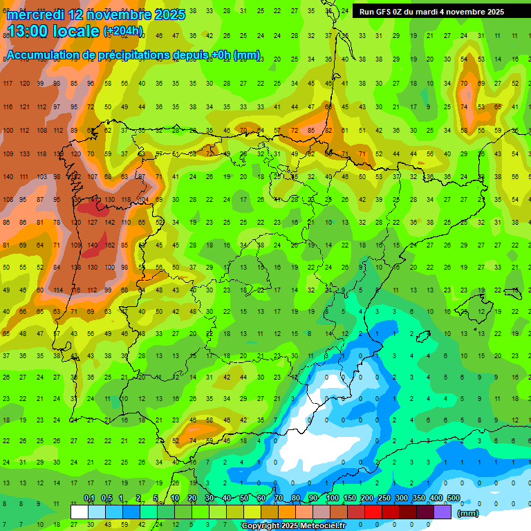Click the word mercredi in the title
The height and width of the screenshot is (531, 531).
click(37, 15)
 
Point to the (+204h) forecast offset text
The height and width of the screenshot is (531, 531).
click(123, 30)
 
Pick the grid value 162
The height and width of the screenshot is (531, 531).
click(109, 245)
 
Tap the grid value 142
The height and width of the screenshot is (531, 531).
click(109, 223)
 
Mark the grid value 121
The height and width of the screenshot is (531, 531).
click(25, 107)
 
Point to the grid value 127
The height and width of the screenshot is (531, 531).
click(92, 223)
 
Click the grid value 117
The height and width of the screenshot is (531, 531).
click(8, 84)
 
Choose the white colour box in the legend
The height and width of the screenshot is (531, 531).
click(80, 512)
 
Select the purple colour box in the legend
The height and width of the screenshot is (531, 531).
click(442, 512)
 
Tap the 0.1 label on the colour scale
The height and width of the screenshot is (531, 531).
click(88, 499)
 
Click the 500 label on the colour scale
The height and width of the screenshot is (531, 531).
click(454, 499)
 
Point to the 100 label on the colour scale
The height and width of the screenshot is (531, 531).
click(332, 499)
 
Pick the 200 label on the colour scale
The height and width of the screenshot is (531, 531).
click(366, 499)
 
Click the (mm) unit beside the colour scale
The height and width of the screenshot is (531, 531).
click(468, 513)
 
